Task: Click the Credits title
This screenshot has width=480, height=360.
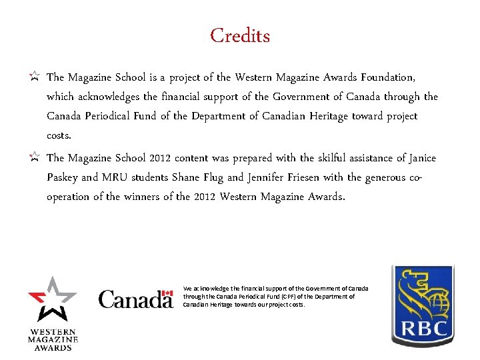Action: coord(240,35)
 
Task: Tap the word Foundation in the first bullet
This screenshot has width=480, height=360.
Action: coord(396,77)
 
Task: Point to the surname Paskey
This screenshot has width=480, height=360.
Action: coord(63,178)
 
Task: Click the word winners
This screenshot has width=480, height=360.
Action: coord(137,197)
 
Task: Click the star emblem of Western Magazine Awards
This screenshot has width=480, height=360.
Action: coord(53,297)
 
